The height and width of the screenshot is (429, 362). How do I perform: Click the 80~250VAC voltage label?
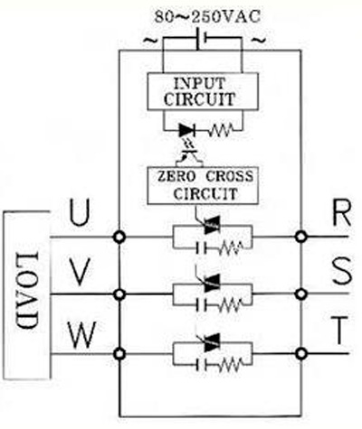pyautogui.click(x=207, y=17)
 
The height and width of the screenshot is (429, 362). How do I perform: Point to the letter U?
pyautogui.click(x=80, y=213)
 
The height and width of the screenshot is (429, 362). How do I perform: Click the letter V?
pyautogui.click(x=79, y=273)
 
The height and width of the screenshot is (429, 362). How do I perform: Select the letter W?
pyautogui.click(x=81, y=334)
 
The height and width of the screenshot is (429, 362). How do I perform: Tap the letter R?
pyautogui.click(x=341, y=213)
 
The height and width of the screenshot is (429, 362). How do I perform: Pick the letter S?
pyautogui.click(x=342, y=272)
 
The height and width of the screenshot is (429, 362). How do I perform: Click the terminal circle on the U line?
pyautogui.click(x=119, y=238)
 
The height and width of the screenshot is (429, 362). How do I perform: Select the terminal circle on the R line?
pyautogui.click(x=300, y=237)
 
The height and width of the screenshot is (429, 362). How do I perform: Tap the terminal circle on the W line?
pyautogui.click(x=120, y=353)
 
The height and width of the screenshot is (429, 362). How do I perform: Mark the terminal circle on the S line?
pyautogui.click(x=300, y=294)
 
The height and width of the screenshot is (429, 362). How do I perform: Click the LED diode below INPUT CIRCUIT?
pyautogui.click(x=187, y=131)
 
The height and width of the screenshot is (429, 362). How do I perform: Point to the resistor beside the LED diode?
pyautogui.click(x=221, y=131)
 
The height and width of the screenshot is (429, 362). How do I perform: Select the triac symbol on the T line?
pyautogui.click(x=212, y=342)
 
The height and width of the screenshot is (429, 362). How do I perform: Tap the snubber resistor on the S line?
pyautogui.click(x=230, y=305)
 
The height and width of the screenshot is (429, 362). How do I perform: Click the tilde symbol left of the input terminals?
pyautogui.click(x=150, y=40)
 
